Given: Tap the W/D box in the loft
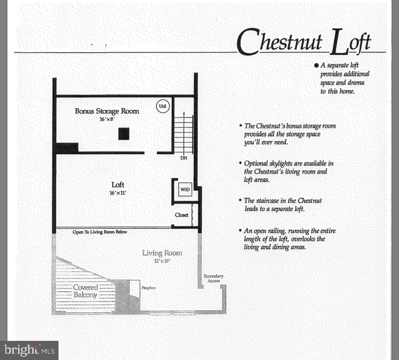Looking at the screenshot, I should coord(185,189).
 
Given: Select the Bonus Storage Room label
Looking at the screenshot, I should coord(107,111).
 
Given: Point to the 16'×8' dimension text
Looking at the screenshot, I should coord(107,120).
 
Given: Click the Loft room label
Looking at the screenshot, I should coord(118,185).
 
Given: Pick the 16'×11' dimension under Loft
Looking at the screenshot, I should coord(118,193).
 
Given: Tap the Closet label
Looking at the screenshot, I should coord(181,215).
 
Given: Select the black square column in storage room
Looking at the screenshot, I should coord(124,134).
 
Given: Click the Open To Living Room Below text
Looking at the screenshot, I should coord(100,232).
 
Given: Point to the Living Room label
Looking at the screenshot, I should coord(162,253).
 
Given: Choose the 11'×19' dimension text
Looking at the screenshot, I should coord(162,261).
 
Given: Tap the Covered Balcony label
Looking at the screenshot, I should coord(85,291).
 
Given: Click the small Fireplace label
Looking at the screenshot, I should coord(149,288).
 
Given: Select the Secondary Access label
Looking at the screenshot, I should coord(214,278).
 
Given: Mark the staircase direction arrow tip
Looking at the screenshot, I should coord(184,112).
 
